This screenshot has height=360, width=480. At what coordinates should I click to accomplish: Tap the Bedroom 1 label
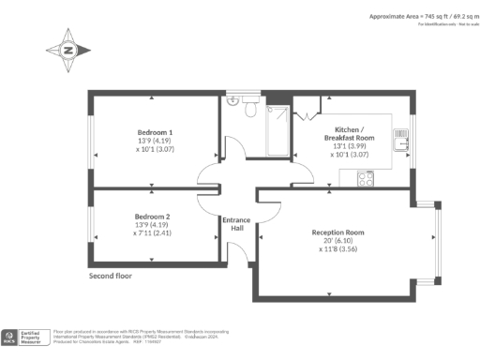pos(155,132)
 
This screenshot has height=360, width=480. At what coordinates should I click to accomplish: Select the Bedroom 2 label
pos(155,216)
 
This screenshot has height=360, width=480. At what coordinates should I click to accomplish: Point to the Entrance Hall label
pos(235,224)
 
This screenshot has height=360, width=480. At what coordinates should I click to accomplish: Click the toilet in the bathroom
pos(249,110)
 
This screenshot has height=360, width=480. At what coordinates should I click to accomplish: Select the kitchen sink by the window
pos(400,142)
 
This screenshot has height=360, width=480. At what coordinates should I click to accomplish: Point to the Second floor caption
pos(111,277)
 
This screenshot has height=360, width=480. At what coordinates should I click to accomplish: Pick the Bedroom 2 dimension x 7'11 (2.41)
pos(155,233)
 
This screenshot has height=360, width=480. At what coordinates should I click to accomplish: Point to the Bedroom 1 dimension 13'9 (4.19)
pos(155,141)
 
